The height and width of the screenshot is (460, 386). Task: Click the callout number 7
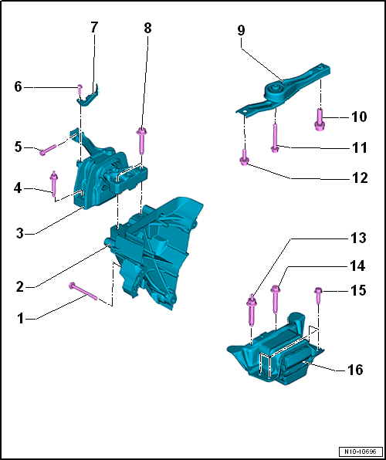pyautogui.click(x=93, y=27)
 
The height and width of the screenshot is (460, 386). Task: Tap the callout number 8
pyautogui.click(x=147, y=28)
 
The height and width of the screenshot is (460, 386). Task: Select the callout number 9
pyautogui.click(x=241, y=31)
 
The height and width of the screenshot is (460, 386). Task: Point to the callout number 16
pyautogui.click(x=354, y=370)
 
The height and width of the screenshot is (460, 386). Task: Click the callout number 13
pyautogui.click(x=357, y=238)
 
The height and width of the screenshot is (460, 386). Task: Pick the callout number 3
pyautogui.click(x=19, y=235)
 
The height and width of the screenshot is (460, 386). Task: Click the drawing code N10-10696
pyautogui.click(x=361, y=451)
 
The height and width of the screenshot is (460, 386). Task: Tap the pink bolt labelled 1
pyautogui.click(x=83, y=291)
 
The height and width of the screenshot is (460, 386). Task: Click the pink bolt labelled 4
pyautogui.click(x=54, y=184)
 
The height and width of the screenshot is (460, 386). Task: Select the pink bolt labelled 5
pyautogui.click(x=49, y=149)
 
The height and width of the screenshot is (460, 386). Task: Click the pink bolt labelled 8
pyautogui.click(x=141, y=141)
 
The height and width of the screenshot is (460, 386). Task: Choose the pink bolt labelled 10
pyautogui.click(x=319, y=120)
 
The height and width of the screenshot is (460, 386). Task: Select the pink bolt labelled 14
pyautogui.click(x=276, y=299)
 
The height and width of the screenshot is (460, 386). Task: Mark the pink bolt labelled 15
pyautogui.click(x=319, y=296)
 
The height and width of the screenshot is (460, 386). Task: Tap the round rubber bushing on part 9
pyautogui.click(x=276, y=90)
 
